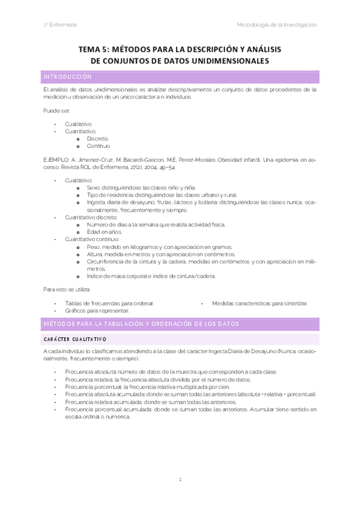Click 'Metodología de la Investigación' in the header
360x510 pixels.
tap(276, 25)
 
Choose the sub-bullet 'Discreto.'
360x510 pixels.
tap(97, 138)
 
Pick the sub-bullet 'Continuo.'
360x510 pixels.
tap(98, 146)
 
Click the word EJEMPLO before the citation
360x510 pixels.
tap(53, 159)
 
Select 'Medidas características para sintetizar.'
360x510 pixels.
tap(260, 303)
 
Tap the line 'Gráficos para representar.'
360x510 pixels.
tap(97, 311)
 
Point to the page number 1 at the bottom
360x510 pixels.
tap(180, 479)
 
